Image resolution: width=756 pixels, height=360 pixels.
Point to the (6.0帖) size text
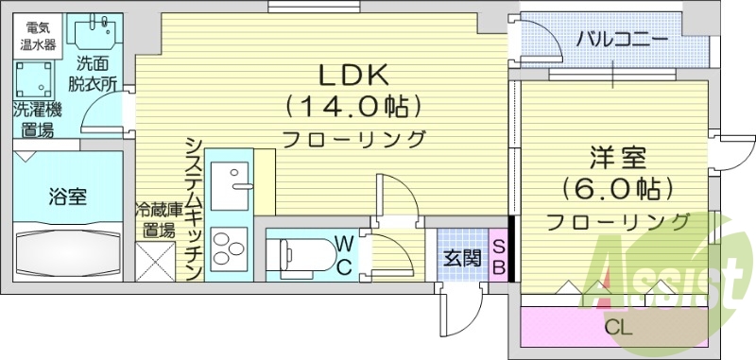coord(616,187)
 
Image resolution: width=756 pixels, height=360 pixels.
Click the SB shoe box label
coord(498,256)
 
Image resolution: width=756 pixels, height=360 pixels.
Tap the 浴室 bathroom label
coord(67,197)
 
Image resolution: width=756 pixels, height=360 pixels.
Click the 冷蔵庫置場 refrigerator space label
coord(155,219)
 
